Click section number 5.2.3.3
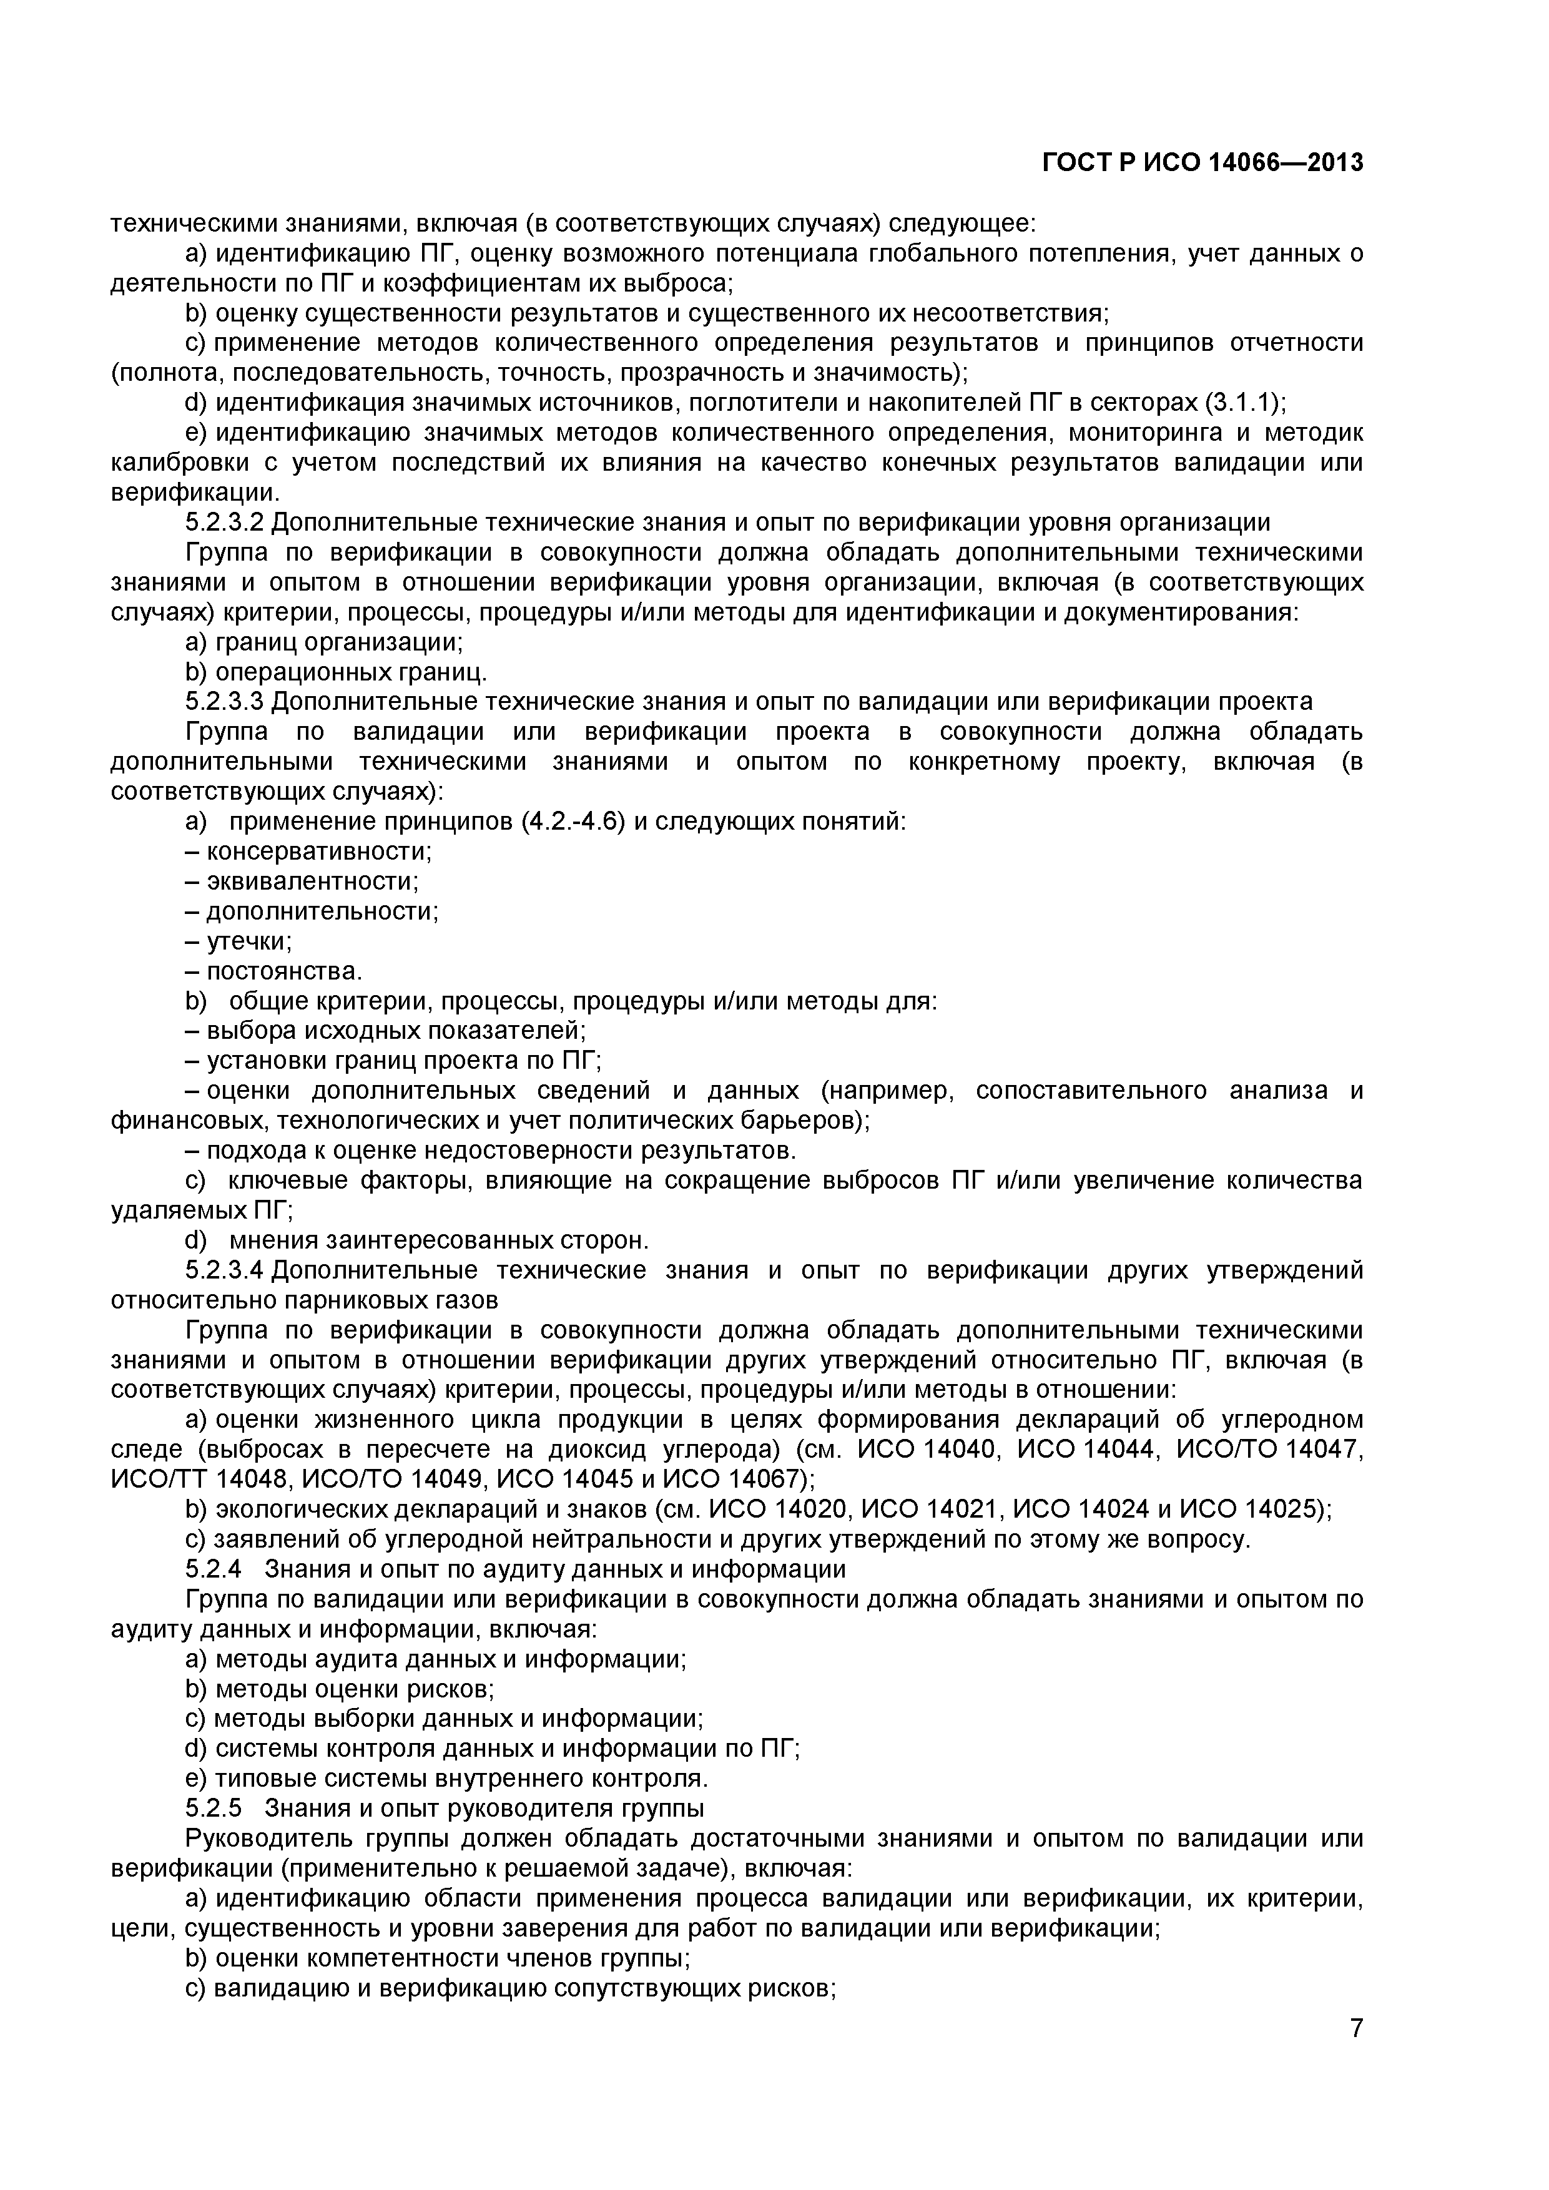click(x=224, y=702)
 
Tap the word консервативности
click(x=320, y=851)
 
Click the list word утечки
click(x=249, y=941)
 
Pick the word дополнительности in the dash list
click(x=322, y=911)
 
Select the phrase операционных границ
click(x=351, y=672)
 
